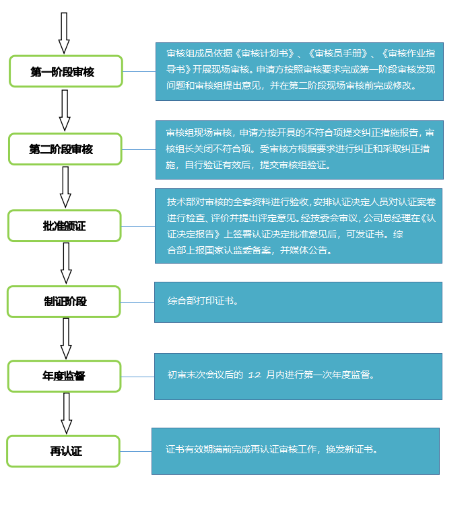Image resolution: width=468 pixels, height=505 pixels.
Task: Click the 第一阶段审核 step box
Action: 65,72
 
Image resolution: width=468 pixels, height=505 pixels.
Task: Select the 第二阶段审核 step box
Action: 65,149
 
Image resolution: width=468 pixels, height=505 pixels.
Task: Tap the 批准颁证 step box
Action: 65,226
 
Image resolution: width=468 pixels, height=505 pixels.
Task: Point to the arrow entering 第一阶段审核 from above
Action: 64,32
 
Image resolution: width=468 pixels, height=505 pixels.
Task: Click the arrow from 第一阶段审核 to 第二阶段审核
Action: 65,110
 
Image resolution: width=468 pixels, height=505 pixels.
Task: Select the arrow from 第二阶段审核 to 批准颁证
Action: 65,187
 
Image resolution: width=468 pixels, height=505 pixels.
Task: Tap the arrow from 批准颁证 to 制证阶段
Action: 65,263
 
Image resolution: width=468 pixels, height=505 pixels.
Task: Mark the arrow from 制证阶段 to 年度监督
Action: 65,338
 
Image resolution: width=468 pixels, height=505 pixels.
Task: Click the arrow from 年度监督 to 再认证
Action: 65,414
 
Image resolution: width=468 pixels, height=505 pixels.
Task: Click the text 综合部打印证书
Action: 203,301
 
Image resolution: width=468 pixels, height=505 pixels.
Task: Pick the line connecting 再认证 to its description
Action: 136,451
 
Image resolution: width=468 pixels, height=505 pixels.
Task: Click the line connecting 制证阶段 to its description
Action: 137,302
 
